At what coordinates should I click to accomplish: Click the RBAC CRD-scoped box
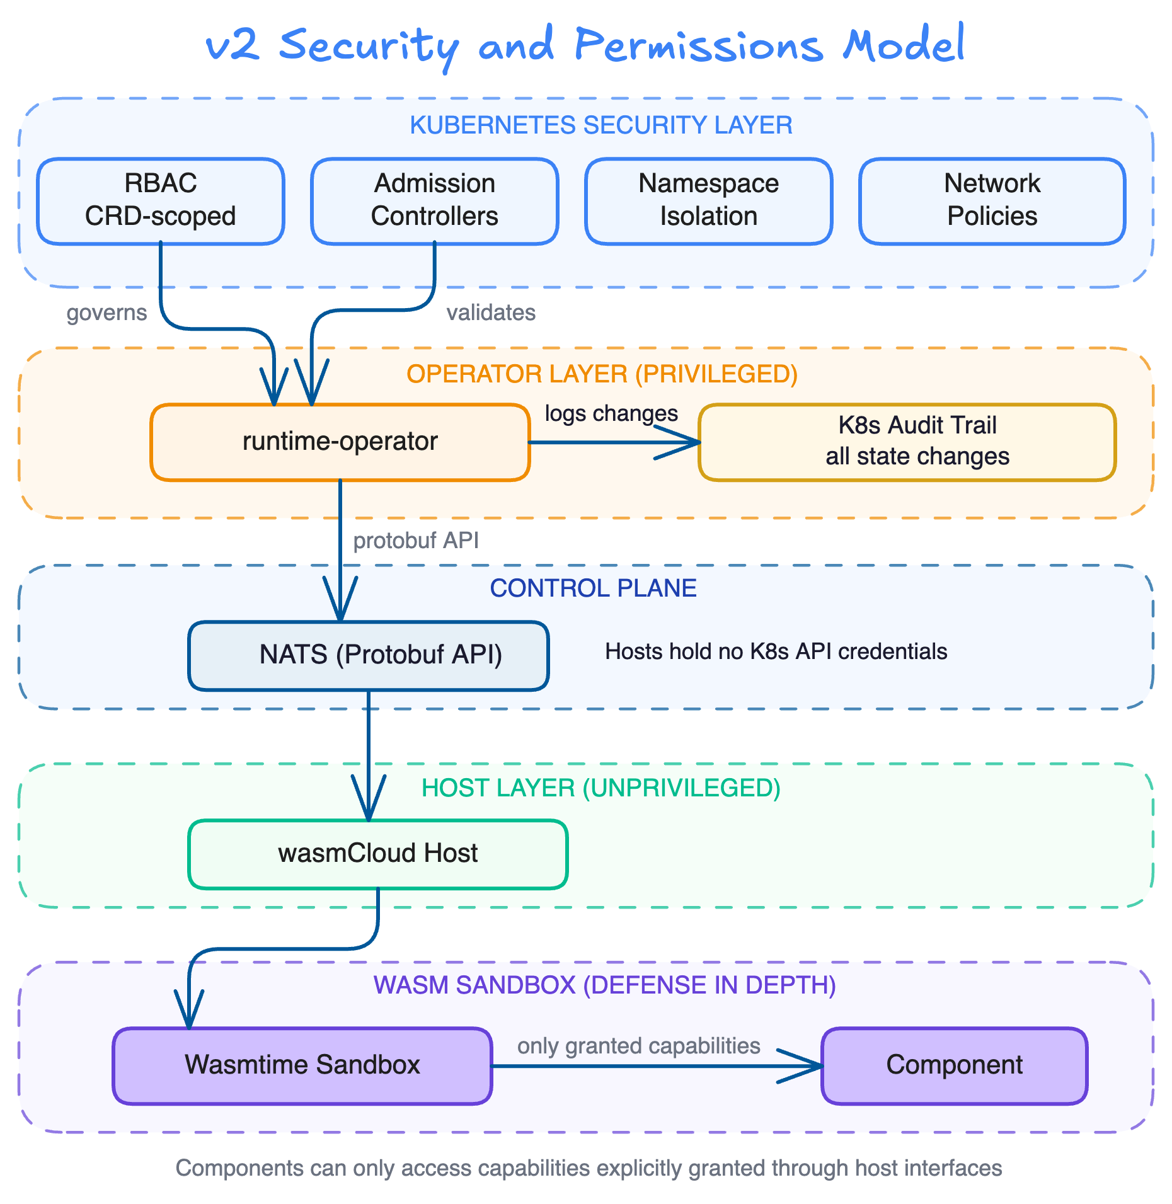160,200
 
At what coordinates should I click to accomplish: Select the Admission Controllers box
434,200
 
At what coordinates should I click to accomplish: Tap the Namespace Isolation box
708,200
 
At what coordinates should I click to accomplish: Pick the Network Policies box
992,200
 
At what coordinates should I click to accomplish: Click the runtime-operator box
340,442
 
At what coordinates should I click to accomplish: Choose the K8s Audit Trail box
907,442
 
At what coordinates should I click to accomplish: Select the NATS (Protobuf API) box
368,655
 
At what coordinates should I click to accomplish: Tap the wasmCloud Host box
377,854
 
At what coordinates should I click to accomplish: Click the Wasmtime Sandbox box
302,1065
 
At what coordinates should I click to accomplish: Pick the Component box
954,1065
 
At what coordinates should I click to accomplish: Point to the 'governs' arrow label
106,312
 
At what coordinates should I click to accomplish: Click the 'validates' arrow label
491,312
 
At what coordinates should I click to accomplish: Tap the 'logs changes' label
611,414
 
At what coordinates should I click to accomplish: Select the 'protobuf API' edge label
416,541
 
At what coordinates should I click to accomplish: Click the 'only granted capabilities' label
638,1046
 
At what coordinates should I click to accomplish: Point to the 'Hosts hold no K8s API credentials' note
776,651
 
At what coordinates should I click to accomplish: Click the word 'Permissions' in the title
698,47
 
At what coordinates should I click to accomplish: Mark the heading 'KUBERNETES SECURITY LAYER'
600,125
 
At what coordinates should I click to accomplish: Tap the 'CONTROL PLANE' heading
593,588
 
